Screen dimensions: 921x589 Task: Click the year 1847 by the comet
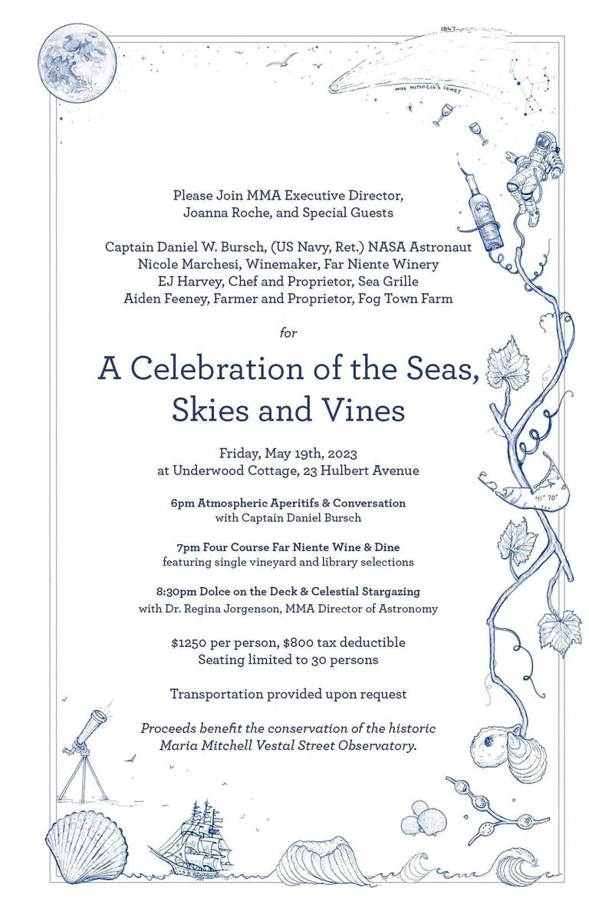pyautogui.click(x=449, y=30)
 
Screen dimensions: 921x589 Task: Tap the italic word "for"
pyautogui.click(x=288, y=332)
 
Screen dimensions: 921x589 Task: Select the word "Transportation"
pyautogui.click(x=217, y=694)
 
